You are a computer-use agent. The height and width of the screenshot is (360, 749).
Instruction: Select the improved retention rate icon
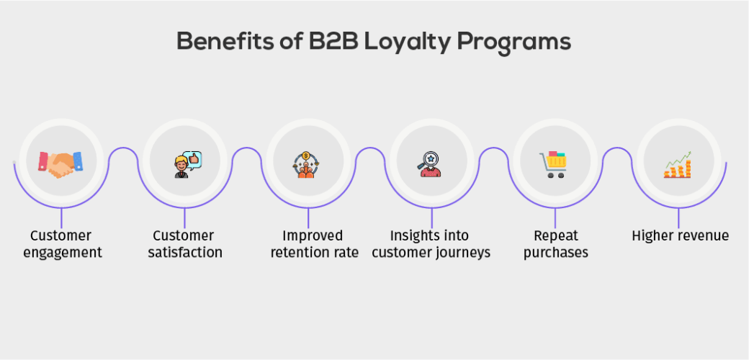308,163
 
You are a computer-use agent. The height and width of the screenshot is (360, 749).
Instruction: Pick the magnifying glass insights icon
431,163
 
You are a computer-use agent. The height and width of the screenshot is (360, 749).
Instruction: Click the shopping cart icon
554,163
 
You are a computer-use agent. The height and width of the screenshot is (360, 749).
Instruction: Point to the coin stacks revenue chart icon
678,165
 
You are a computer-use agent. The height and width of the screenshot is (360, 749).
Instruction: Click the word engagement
62,253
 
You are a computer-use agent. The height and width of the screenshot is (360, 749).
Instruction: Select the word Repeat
556,236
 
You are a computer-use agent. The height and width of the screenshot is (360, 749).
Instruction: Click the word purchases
556,253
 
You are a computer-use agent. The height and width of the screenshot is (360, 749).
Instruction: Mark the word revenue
702,235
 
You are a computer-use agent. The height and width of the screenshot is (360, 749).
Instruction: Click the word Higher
652,235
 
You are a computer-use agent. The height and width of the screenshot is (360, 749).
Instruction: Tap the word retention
298,253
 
